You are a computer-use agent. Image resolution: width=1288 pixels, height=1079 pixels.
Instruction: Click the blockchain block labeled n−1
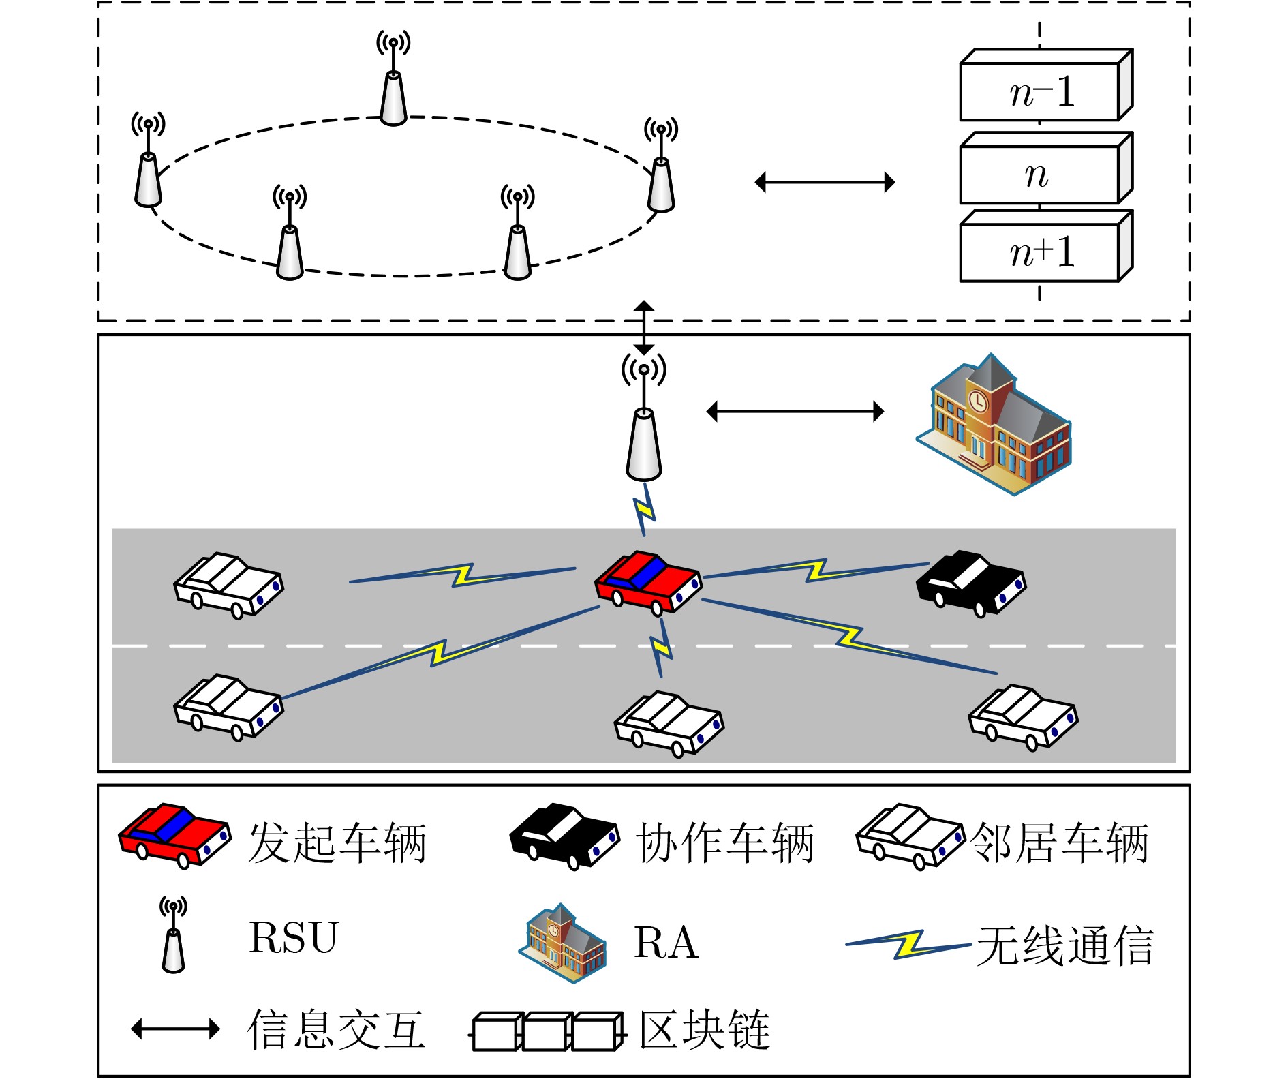pos(1041,91)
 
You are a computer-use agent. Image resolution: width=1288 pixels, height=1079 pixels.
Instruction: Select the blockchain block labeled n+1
pos(1041,252)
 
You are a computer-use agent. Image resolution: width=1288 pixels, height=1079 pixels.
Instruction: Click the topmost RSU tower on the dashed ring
pos(393,89)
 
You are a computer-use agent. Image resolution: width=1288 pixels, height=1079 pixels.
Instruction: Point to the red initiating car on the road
pos(647,583)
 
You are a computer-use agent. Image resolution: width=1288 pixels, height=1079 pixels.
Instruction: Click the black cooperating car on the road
pos(970,583)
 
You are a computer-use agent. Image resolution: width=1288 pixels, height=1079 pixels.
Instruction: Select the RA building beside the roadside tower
pos(994,426)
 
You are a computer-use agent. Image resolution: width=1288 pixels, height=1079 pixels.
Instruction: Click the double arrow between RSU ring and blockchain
pos(825,182)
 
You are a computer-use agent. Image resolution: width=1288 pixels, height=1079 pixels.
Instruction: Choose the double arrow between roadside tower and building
pos(795,411)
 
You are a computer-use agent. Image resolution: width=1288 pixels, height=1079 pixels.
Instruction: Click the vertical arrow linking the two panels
pos(644,327)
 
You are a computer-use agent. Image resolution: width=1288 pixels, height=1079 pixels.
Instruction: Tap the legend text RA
pos(666,943)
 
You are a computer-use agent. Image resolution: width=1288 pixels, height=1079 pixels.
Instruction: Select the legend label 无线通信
pos(1064,946)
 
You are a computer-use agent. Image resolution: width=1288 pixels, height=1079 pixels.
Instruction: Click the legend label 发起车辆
pos(337,843)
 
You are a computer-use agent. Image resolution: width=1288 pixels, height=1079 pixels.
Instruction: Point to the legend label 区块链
pos(705,1029)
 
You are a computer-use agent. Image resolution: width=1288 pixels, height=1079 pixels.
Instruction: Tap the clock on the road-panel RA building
pos(977,401)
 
